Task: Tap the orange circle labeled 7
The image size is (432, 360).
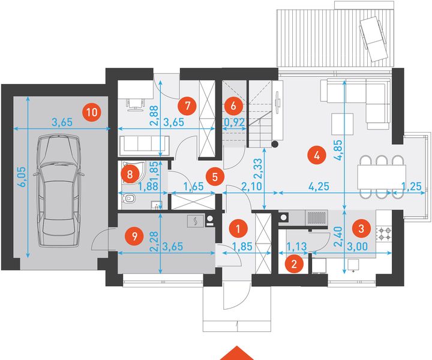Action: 187,106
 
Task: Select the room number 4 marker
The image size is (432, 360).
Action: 317,155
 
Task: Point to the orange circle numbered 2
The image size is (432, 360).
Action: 294,264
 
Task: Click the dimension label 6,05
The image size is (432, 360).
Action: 22,177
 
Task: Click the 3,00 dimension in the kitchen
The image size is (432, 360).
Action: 357,246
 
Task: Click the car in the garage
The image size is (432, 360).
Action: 58,191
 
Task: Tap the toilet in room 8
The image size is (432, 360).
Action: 129,199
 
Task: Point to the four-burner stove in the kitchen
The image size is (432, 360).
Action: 384,233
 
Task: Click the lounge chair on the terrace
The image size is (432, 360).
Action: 375,39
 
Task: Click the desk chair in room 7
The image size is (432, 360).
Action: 135,104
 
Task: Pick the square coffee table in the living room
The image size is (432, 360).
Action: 343,124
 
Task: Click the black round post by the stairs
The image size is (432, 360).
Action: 275,144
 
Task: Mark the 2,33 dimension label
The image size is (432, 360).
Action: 259,169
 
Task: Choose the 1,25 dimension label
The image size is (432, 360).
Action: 412,187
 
